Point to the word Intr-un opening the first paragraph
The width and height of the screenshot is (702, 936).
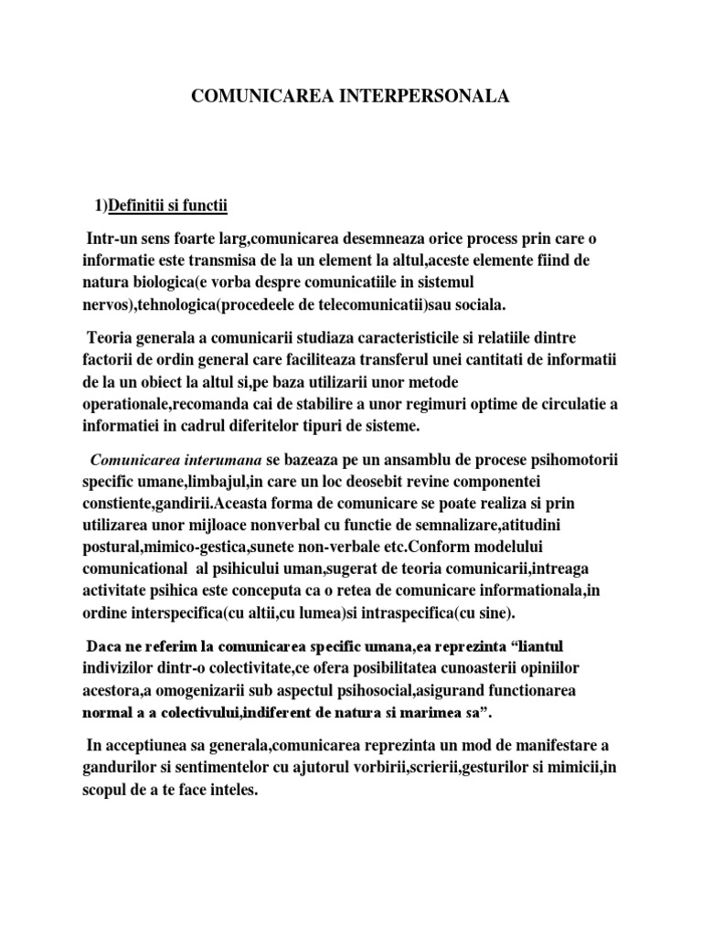[x=108, y=239]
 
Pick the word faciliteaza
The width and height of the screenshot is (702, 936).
[x=321, y=360]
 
